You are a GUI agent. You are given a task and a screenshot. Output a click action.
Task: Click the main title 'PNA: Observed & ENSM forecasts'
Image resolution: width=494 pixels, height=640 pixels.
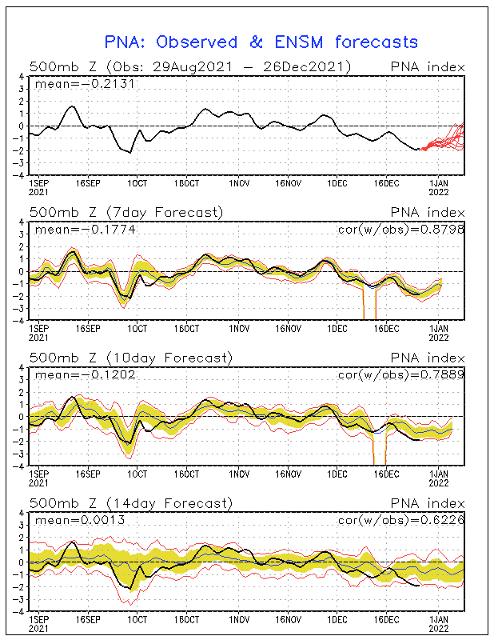click(x=261, y=42)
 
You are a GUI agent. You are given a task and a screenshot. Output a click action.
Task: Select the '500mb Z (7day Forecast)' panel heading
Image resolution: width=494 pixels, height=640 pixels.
click(x=125, y=212)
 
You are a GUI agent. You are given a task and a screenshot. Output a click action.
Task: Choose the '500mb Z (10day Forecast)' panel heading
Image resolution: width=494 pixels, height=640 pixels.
click(x=130, y=358)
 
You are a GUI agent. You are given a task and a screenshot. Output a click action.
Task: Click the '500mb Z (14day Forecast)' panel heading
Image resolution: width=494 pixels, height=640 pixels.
click(x=130, y=503)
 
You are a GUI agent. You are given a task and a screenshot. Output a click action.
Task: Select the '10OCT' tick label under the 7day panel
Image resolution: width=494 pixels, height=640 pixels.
click(x=137, y=328)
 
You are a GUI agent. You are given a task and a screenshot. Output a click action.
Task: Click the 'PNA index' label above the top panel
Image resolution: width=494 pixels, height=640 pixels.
click(x=427, y=66)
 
